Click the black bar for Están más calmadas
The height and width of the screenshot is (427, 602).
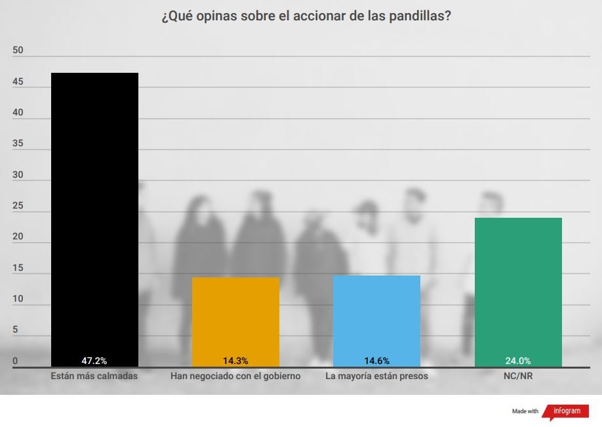[x=94, y=216]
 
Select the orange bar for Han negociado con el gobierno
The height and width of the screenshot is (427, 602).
[x=235, y=318]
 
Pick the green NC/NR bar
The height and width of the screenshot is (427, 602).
[x=518, y=289]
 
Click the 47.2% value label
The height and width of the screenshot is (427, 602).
[x=94, y=361]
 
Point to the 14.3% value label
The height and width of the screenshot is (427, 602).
[x=235, y=361]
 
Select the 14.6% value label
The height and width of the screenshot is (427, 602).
[x=376, y=361]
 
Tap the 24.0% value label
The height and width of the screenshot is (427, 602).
[x=518, y=361]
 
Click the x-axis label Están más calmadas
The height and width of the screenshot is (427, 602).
[x=94, y=376]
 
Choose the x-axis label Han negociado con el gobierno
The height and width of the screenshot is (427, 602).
[x=235, y=376]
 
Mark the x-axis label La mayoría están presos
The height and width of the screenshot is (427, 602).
[x=376, y=376]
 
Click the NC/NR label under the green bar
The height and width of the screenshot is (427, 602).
[x=518, y=376]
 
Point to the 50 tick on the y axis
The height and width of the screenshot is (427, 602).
[x=18, y=51]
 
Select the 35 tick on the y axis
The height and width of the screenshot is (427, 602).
[x=18, y=144]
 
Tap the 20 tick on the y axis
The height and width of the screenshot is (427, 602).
[x=18, y=237]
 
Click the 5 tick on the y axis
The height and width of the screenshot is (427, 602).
[x=15, y=331]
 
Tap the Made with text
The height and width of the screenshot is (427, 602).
[x=525, y=411]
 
